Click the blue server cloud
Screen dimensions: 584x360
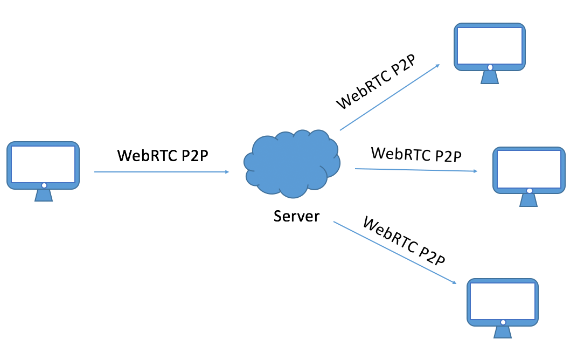click(292, 163)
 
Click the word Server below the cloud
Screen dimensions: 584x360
click(296, 216)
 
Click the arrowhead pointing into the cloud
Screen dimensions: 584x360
click(227, 172)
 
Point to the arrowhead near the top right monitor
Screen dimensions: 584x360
click(437, 66)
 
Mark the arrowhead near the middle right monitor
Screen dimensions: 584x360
click(475, 171)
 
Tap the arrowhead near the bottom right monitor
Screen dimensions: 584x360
click(454, 282)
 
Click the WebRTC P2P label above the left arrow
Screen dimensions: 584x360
click(163, 155)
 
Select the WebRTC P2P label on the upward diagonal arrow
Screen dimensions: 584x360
click(376, 82)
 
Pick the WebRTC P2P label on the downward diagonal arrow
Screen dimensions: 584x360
click(404, 241)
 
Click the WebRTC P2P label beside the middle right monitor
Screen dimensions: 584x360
click(416, 155)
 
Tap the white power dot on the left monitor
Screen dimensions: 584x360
click(44, 185)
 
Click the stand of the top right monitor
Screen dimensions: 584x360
click(489, 77)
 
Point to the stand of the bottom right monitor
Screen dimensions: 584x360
click(503, 331)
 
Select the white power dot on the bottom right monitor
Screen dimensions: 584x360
click(503, 322)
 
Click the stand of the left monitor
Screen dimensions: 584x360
click(44, 195)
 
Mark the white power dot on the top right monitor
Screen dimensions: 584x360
click(490, 67)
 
